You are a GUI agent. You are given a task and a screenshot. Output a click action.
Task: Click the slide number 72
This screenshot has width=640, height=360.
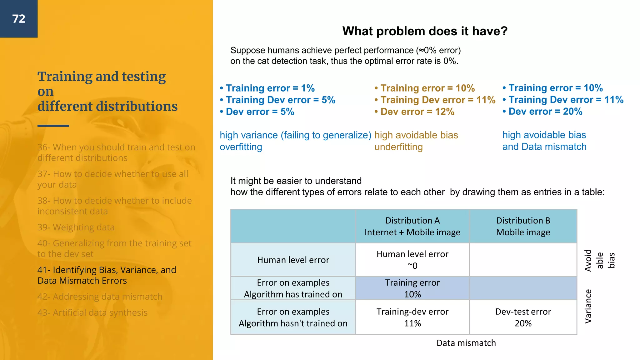(x=19, y=19)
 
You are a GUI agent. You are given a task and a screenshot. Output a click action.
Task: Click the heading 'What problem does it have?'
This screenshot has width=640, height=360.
(x=425, y=31)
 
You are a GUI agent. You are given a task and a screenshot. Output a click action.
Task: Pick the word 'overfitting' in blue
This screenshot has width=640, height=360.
(x=241, y=147)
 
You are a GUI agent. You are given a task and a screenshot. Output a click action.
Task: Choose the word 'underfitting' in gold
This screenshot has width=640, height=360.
(x=398, y=147)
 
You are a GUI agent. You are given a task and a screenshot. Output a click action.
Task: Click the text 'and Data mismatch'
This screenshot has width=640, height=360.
(x=544, y=147)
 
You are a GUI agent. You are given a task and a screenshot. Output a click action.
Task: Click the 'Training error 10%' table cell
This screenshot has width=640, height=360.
(x=412, y=288)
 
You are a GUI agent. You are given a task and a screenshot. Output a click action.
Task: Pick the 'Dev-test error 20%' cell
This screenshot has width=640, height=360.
(x=523, y=317)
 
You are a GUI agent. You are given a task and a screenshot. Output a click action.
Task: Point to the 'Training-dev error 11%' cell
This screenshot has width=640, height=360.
(x=412, y=317)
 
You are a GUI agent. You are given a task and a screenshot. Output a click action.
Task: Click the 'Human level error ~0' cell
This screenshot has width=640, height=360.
(x=412, y=260)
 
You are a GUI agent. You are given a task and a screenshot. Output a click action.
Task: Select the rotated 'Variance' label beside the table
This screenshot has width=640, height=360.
(x=588, y=306)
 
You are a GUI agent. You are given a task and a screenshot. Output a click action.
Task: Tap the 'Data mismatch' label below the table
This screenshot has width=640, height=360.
(x=466, y=343)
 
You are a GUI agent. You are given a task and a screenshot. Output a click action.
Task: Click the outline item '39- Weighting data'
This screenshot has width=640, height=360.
(x=76, y=227)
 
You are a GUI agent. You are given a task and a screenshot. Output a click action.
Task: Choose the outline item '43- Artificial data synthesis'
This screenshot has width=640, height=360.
(x=92, y=312)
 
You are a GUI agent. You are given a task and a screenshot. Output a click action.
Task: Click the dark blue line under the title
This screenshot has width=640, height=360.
(x=53, y=126)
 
